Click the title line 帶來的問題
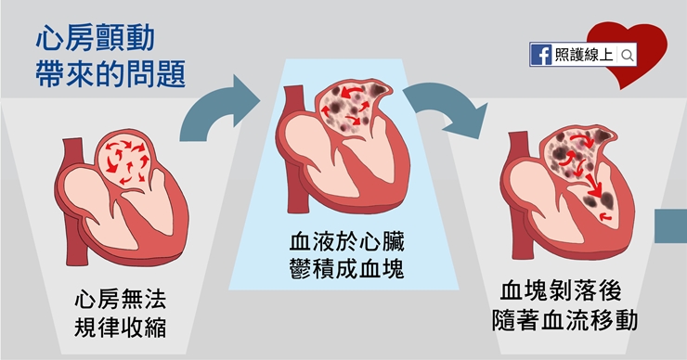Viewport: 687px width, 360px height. pyautogui.click(x=110, y=74)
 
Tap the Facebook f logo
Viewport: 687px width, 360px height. pyautogui.click(x=541, y=56)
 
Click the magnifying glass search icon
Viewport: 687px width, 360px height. pyautogui.click(x=628, y=56)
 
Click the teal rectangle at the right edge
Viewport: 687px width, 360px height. pyautogui.click(x=671, y=227)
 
